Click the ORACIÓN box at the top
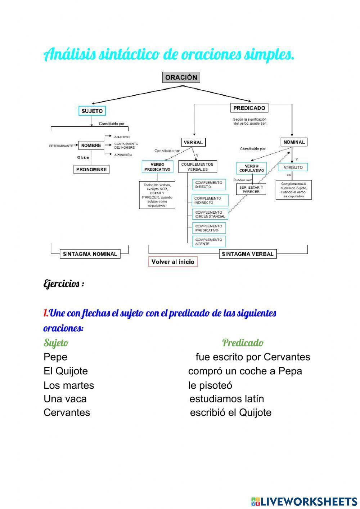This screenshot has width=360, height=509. [181, 77]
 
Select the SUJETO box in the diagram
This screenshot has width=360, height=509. [92, 111]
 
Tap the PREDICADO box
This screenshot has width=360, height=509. [249, 108]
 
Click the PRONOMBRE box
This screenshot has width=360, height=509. [91, 169]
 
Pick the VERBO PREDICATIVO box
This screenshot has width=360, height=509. [157, 167]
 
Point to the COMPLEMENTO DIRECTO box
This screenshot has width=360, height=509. [209, 185]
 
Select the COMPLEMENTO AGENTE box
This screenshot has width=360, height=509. [209, 242]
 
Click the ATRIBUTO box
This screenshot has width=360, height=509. [293, 167]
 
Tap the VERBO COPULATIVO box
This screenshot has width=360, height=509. [252, 168]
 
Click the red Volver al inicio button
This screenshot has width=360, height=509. [173, 262]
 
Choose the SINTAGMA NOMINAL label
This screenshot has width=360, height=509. [90, 254]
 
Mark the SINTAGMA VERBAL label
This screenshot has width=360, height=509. [248, 254]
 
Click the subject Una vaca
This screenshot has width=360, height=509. [65, 399]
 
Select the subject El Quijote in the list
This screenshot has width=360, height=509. [66, 371]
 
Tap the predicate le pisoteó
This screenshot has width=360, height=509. [210, 385]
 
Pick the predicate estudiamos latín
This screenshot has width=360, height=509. [227, 399]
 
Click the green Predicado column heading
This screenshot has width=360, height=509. [243, 343]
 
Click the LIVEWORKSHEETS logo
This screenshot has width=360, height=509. [304, 501]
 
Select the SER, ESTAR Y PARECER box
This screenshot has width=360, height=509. [251, 189]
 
